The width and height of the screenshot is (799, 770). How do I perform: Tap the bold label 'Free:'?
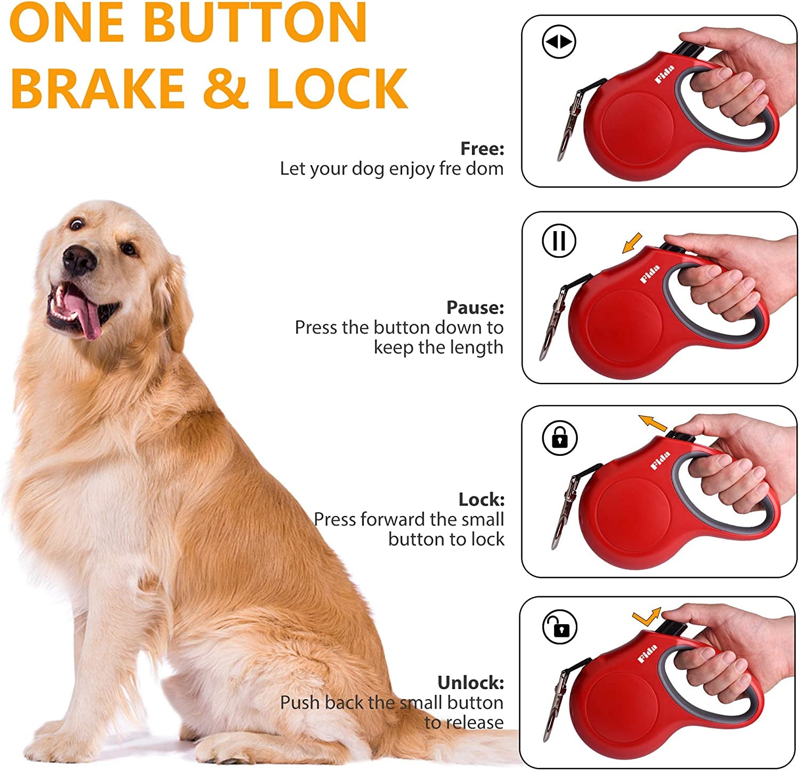click(482, 149)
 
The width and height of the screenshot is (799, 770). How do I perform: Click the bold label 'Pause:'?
click(475, 307)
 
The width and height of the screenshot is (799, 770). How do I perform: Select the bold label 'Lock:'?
click(481, 499)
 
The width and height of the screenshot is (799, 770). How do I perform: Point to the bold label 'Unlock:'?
click(470, 683)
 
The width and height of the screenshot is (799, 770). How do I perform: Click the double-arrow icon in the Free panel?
click(559, 42)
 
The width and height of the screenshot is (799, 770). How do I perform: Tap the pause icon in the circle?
click(559, 241)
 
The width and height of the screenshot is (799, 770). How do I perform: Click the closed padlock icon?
click(559, 437)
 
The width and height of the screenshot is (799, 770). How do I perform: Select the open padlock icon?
click(559, 627)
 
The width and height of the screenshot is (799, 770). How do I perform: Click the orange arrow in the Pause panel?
click(632, 244)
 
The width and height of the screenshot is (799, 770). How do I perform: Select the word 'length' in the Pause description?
click(476, 347)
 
